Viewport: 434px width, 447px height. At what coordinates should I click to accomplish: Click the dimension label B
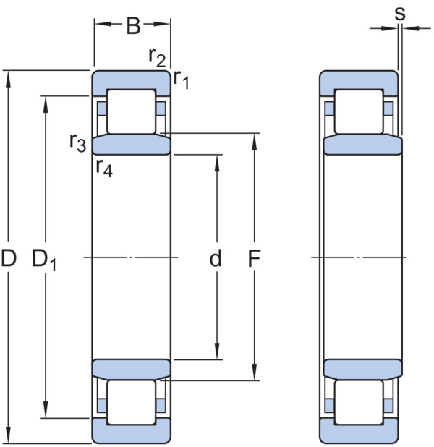point(133,26)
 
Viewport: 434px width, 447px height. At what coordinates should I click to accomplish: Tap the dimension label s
point(400,14)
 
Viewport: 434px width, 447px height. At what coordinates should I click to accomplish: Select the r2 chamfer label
point(157,57)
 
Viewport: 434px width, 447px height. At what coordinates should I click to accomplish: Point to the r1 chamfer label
point(182,79)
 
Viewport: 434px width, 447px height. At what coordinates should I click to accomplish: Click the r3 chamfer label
point(78,142)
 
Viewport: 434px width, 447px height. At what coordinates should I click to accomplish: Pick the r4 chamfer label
point(104,168)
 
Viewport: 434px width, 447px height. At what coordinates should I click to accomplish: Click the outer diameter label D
point(9,257)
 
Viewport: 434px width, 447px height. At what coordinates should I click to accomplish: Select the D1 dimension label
point(44,260)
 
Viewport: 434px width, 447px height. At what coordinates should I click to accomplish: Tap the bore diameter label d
point(216,257)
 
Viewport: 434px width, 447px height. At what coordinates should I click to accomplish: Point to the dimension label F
point(254,258)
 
